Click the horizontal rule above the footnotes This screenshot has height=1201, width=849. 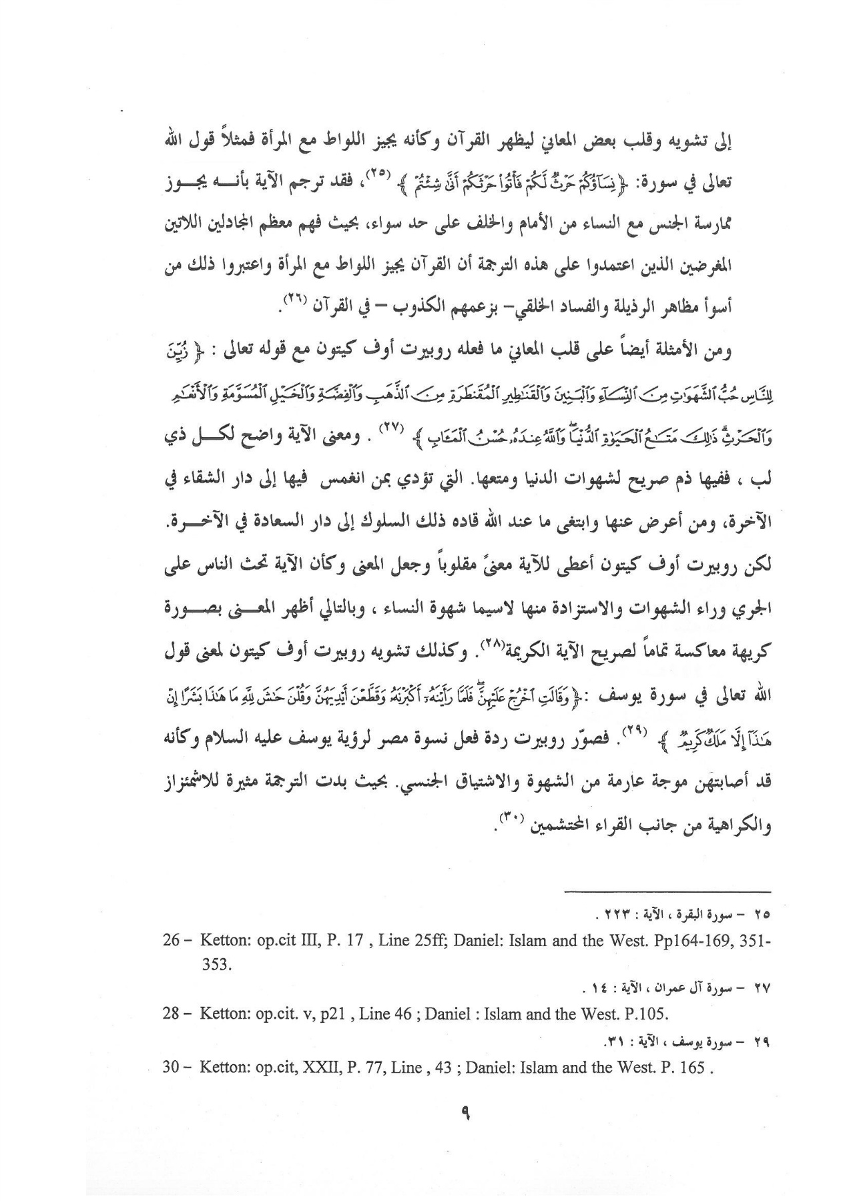point(667,891)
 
